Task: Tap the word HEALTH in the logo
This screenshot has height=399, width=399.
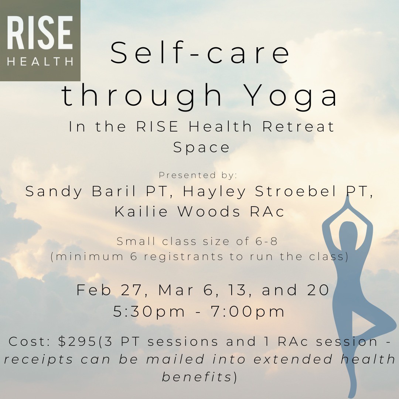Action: (x=40, y=62)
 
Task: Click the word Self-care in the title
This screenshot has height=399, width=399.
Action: (x=200, y=53)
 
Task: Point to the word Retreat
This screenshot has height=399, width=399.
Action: (x=298, y=126)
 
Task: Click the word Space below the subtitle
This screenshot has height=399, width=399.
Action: (x=201, y=147)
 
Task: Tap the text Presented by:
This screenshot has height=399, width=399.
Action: (x=198, y=175)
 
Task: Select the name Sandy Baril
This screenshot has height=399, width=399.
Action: (x=81, y=191)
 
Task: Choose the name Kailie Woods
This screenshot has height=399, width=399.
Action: (x=177, y=211)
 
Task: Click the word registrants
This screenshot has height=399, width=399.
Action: (x=184, y=257)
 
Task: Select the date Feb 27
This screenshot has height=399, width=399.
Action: (x=109, y=290)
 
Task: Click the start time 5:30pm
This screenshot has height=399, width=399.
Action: (x=149, y=311)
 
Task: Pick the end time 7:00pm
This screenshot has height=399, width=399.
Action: (x=247, y=311)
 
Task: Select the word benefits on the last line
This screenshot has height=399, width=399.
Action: (x=197, y=377)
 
